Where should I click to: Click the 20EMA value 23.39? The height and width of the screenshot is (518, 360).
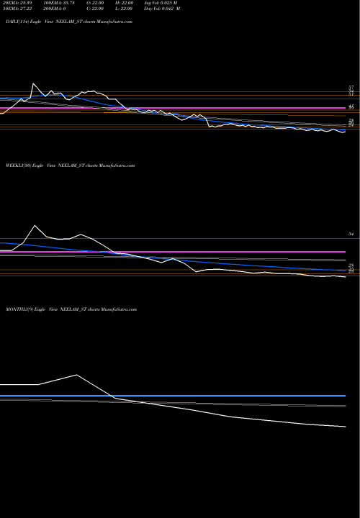[16, 4]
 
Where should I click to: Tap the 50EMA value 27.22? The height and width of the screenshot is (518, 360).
[16, 10]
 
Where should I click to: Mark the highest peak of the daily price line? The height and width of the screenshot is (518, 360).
[32, 84]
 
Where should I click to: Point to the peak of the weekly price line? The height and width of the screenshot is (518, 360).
[34, 225]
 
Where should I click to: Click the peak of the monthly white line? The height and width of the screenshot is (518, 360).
[76, 374]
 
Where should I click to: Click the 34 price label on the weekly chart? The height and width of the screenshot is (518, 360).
[352, 235]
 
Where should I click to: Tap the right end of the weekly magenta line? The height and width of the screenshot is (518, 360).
[346, 252]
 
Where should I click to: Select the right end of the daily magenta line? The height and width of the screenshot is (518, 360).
[346, 109]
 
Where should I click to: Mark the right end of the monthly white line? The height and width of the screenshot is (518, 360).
[346, 427]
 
